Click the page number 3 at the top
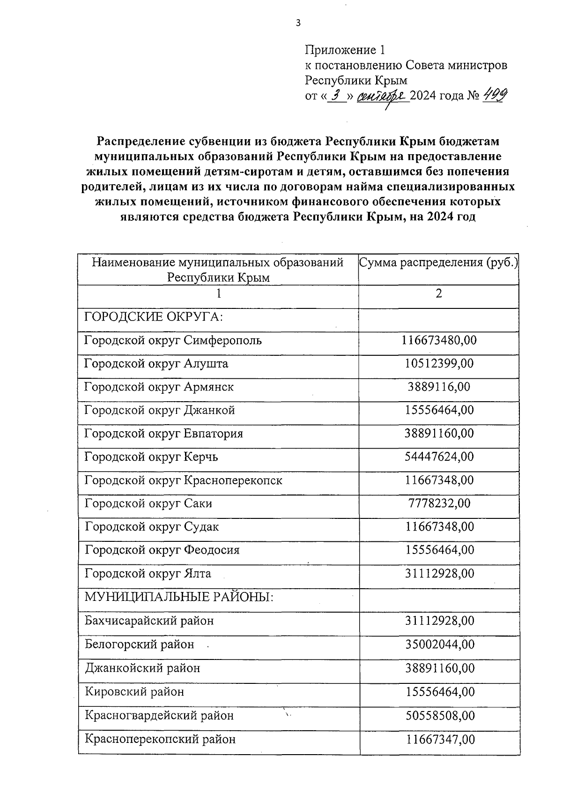pyautogui.click(x=298, y=23)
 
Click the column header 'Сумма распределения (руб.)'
pyautogui.click(x=438, y=262)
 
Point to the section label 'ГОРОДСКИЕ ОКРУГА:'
pyautogui.click(x=154, y=317)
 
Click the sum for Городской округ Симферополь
pyautogui.click(x=439, y=340)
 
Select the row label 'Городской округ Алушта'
pyautogui.click(x=156, y=364)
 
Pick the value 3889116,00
pyautogui.click(x=439, y=387)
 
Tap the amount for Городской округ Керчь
pyautogui.click(x=439, y=457)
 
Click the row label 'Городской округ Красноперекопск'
pyautogui.click(x=183, y=480)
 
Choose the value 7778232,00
pyautogui.click(x=439, y=503)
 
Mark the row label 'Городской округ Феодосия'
pyautogui.click(x=162, y=550)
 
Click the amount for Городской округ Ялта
pyautogui.click(x=439, y=574)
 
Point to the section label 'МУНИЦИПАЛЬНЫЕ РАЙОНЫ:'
pyautogui.click(x=179, y=598)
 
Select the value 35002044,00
pyautogui.click(x=439, y=644)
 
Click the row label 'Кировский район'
pyautogui.click(x=134, y=692)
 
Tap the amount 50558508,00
pyautogui.click(x=439, y=716)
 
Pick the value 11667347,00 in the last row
pyautogui.click(x=439, y=740)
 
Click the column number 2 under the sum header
pyautogui.click(x=438, y=294)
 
